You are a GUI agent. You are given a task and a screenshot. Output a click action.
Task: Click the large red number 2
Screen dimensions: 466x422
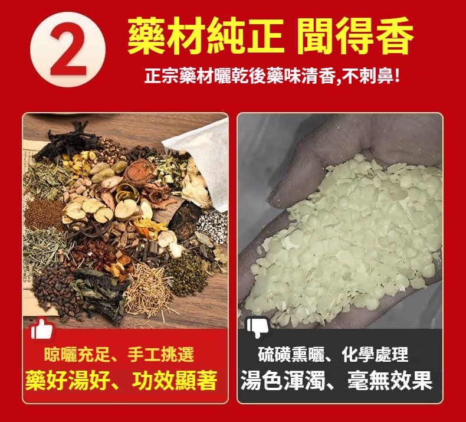coord(68,50)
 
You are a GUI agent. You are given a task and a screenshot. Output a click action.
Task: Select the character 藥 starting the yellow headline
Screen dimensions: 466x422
coord(146,36)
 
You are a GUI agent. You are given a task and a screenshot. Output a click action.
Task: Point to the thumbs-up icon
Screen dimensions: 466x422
coord(42,329)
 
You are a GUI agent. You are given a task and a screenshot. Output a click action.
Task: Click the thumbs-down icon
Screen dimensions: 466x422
coord(257,327)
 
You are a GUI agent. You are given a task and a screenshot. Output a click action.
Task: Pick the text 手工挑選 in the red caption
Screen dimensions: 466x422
coord(161,355)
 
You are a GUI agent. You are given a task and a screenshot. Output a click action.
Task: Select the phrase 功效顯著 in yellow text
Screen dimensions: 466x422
coord(175,380)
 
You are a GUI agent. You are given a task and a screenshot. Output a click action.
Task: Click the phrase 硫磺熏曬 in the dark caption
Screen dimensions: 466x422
coord(291,355)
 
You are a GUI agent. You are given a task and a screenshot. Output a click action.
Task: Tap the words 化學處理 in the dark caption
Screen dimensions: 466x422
coord(375,355)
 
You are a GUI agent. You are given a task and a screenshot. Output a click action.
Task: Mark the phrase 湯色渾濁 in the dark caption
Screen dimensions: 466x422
coord(283,380)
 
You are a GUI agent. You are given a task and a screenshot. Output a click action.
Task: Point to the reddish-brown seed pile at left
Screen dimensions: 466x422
coord(43,214)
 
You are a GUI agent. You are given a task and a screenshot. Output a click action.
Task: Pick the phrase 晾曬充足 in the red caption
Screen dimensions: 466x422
coord(77,355)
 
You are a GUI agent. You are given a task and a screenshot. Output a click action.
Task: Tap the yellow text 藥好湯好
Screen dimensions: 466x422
coord(68,380)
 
